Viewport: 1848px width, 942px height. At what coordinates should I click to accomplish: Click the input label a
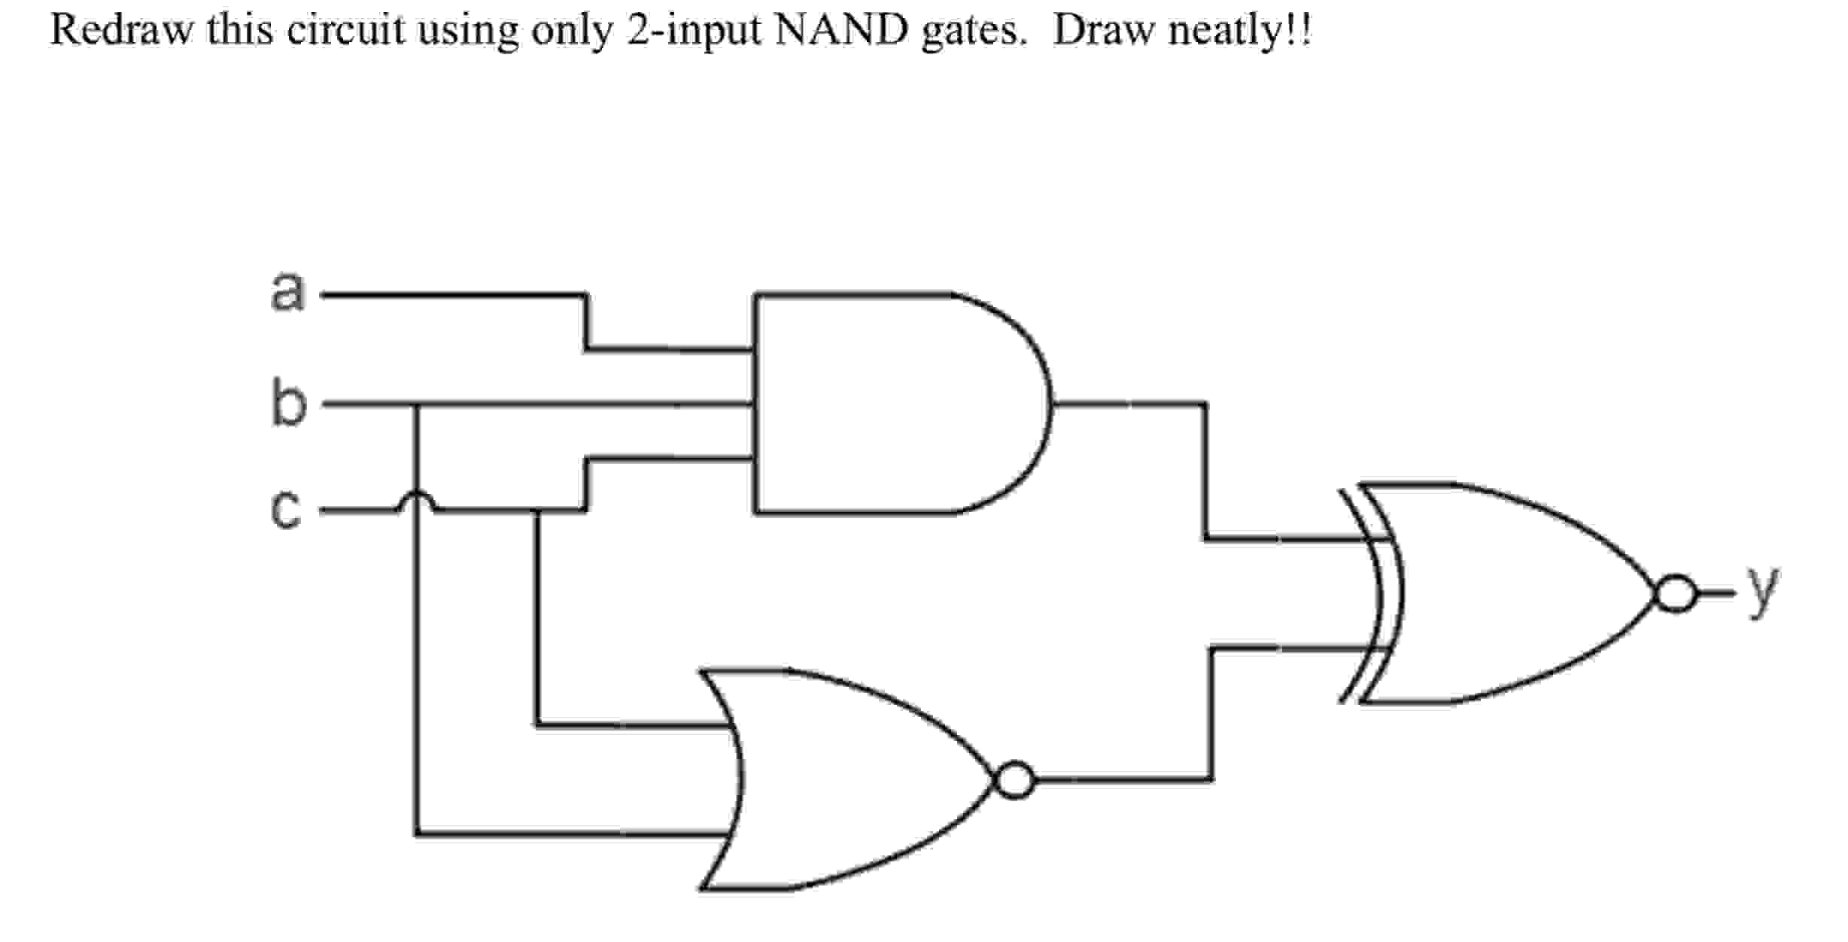[x=288, y=291]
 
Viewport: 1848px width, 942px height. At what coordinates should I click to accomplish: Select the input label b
[x=289, y=404]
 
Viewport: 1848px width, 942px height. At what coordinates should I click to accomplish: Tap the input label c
[x=287, y=510]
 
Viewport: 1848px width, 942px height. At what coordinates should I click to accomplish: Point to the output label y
[x=1763, y=591]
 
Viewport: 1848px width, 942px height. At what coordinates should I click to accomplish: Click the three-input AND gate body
[x=888, y=404]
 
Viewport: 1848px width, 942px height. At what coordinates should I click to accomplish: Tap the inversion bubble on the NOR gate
[x=1014, y=780]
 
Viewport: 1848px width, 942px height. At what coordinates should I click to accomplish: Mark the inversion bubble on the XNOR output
[x=1675, y=594]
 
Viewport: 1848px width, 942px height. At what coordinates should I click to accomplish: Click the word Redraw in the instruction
[x=120, y=30]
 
